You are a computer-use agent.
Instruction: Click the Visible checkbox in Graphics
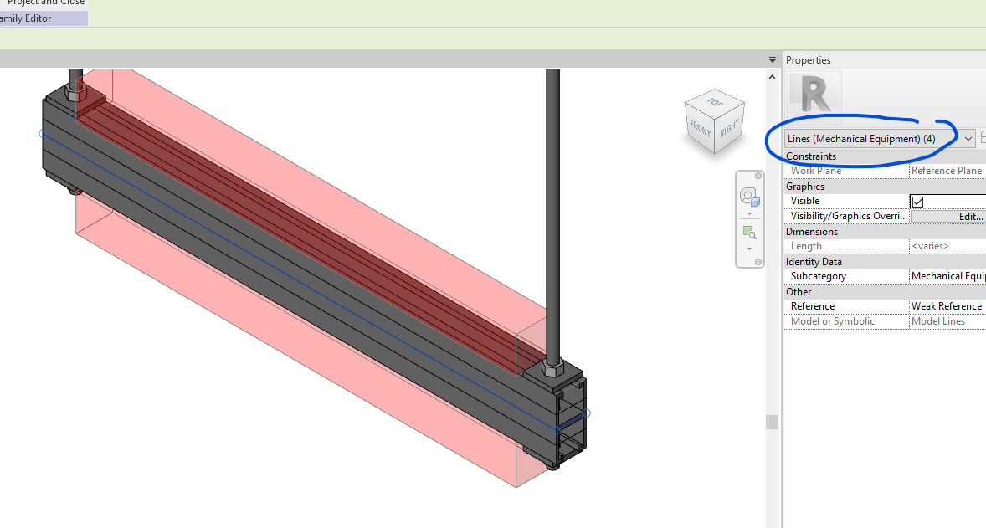(917, 202)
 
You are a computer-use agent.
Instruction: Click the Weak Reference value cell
(946, 306)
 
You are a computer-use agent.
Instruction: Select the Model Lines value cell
(946, 321)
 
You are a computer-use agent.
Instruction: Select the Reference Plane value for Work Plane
(946, 171)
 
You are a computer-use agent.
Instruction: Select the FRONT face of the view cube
(700, 130)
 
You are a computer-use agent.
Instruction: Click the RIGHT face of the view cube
(730, 128)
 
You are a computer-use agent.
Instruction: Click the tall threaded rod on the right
(552, 209)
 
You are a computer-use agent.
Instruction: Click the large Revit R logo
(814, 95)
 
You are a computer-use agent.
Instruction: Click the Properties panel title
(809, 60)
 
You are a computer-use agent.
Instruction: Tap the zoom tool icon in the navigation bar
(749, 233)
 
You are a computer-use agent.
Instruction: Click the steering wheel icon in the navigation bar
(749, 197)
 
